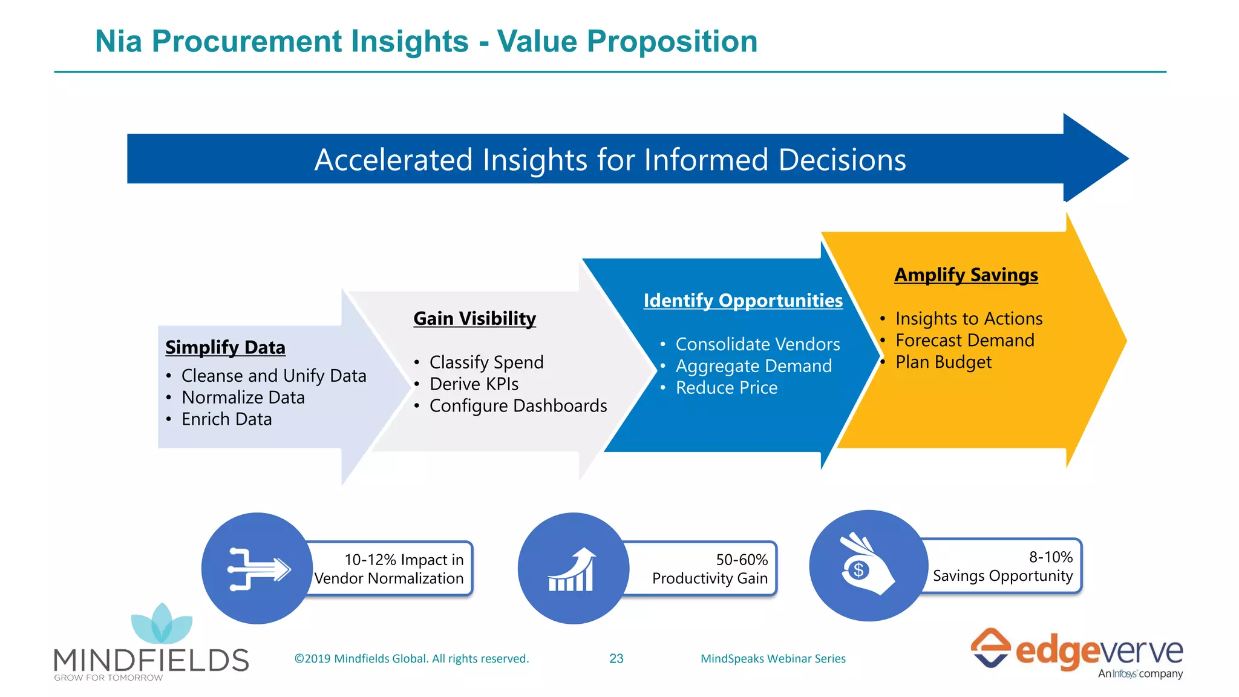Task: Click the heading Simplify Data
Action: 225,347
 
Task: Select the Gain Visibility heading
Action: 474,318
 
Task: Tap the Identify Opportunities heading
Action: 742,300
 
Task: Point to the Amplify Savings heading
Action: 966,275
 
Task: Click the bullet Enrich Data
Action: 226,419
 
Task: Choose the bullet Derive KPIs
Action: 474,384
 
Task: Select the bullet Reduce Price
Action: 726,387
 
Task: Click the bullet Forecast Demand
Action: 964,340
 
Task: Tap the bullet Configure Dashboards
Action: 518,405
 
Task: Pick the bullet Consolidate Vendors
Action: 757,344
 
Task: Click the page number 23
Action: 616,658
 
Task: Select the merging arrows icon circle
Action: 257,569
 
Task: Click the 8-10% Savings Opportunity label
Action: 1002,566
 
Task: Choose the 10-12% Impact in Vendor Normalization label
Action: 390,569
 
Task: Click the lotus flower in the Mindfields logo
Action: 162,624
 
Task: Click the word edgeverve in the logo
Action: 1098,652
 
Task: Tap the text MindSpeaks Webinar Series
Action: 773,658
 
